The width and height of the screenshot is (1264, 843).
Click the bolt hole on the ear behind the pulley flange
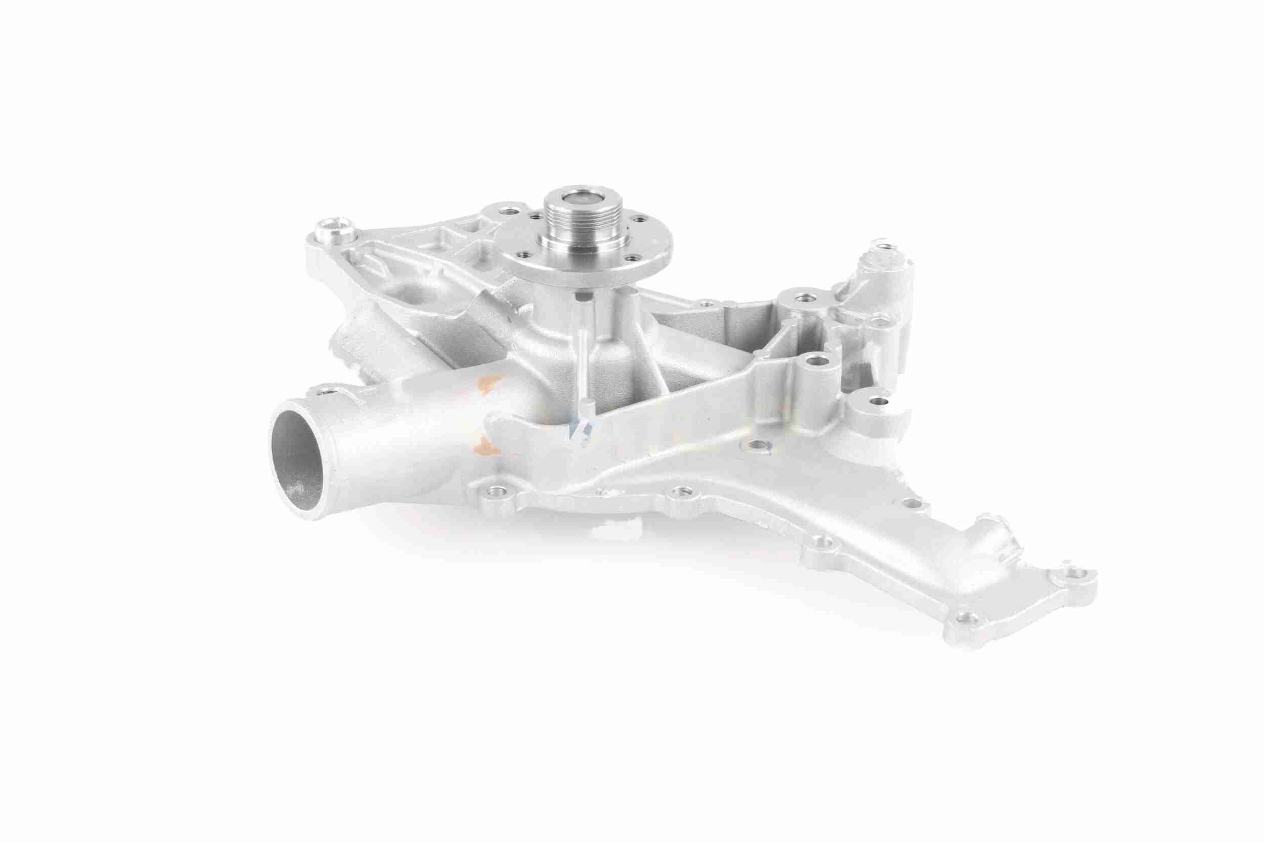(506, 207)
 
